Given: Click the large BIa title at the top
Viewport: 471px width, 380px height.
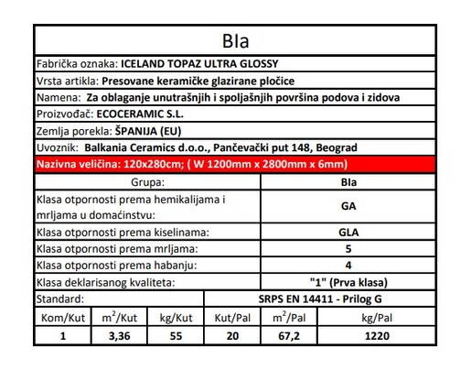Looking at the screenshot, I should click(x=236, y=41).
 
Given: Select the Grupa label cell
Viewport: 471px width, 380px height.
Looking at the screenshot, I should click(x=146, y=182).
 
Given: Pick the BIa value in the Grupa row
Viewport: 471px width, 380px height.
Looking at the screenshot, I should click(x=348, y=182).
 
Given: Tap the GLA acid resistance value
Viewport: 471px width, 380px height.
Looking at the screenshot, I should click(x=348, y=232).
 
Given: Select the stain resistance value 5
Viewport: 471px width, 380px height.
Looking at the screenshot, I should click(x=348, y=248).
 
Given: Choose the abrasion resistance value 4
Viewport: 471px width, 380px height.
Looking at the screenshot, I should click(x=348, y=265).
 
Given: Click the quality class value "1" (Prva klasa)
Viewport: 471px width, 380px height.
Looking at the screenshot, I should click(x=348, y=282).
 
